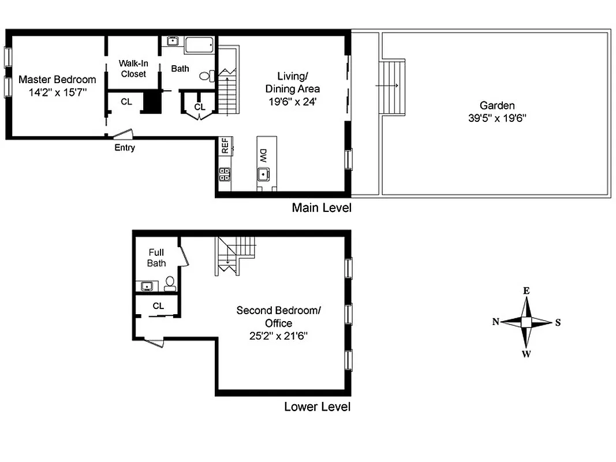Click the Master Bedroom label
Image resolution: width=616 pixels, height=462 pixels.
click(57, 79)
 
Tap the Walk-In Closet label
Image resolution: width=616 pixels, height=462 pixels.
click(133, 68)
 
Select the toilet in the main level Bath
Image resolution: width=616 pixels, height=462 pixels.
click(206, 75)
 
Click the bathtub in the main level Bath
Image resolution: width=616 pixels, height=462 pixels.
click(199, 44)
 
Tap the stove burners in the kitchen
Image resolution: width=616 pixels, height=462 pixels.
click(224, 174)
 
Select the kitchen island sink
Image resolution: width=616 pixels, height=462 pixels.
click(263, 173)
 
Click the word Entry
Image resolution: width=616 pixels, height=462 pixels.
click(125, 148)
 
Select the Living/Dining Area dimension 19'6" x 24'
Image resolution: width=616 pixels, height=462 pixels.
click(292, 101)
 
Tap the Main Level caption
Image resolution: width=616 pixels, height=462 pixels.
click(321, 207)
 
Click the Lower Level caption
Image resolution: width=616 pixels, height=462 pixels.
click(317, 407)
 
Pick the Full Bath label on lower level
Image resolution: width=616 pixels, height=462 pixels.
click(156, 258)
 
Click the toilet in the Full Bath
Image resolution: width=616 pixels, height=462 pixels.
click(170, 283)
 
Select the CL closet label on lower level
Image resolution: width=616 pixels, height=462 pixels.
click(158, 306)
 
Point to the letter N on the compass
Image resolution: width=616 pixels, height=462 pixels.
click(495, 322)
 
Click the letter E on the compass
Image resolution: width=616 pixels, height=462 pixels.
click(527, 291)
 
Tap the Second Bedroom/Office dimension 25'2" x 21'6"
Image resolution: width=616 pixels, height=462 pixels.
click(278, 336)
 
